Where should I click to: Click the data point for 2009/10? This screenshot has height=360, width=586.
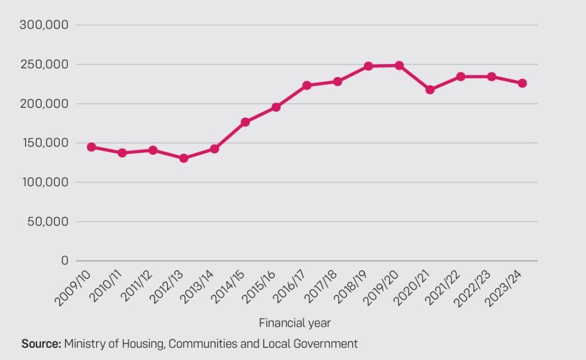[x=91, y=147]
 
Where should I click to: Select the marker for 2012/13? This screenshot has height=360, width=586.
[x=183, y=158]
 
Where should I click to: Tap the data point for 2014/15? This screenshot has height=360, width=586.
[x=245, y=122]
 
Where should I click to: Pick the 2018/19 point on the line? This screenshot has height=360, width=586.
[x=368, y=66]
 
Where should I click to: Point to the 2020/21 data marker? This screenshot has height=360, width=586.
[x=430, y=90]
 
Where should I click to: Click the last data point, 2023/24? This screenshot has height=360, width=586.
[x=522, y=83]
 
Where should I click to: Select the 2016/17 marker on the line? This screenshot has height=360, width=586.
[x=306, y=86]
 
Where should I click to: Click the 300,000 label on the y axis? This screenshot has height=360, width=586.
[x=44, y=25]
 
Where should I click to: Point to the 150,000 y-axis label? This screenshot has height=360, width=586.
[x=44, y=143]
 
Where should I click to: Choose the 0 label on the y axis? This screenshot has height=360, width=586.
[x=64, y=261]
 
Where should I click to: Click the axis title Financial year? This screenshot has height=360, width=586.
[x=295, y=323]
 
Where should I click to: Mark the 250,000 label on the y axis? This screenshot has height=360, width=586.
[x=44, y=64]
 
